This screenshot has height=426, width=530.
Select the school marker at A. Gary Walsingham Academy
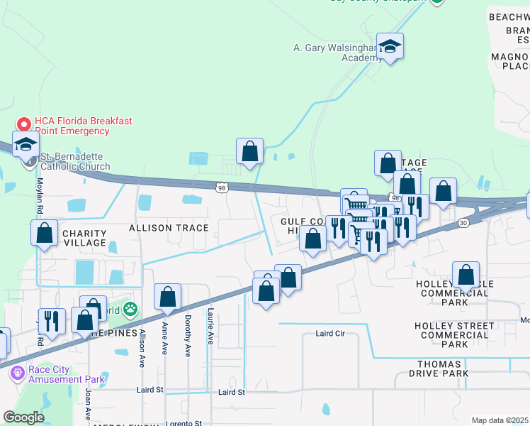click(390, 47)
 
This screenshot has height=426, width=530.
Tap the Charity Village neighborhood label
click(84, 238)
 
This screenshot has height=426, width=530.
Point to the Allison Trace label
click(169, 228)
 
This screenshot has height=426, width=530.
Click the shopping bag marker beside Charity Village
click(45, 233)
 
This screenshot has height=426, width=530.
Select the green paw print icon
click(130, 309)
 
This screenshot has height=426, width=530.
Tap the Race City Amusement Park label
click(67, 374)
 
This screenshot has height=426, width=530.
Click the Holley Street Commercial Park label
click(454, 335)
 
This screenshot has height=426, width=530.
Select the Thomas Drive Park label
click(449, 368)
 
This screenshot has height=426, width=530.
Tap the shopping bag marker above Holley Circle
click(466, 275)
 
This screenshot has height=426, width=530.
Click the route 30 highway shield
click(463, 223)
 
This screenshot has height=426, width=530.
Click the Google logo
click(23, 417)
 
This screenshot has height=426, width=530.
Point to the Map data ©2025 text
click(500, 420)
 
